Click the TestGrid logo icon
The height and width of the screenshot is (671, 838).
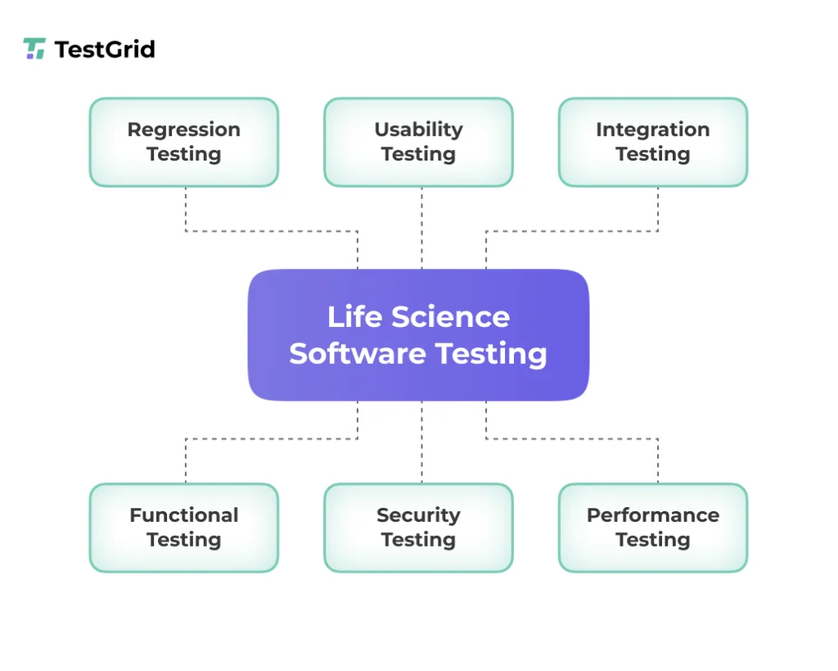[x=34, y=49]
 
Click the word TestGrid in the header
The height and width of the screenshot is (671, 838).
[x=104, y=49]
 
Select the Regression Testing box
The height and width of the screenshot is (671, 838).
[x=184, y=142]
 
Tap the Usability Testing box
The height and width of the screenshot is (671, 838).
[x=418, y=142]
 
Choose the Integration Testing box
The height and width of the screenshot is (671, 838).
[x=652, y=142]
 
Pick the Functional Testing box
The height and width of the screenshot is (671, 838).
[x=184, y=528]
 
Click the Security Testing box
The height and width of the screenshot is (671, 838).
[x=418, y=528]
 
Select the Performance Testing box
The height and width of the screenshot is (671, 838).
[x=652, y=528]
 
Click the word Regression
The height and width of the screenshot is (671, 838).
[x=184, y=129]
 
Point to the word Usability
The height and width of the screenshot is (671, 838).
[x=418, y=129]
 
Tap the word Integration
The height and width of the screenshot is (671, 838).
[x=652, y=129]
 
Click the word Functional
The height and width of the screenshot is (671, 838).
[x=184, y=515]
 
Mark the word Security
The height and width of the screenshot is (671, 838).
[x=418, y=515]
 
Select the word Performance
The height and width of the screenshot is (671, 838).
[x=652, y=515]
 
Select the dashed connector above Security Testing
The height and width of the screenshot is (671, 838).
[x=421, y=442]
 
